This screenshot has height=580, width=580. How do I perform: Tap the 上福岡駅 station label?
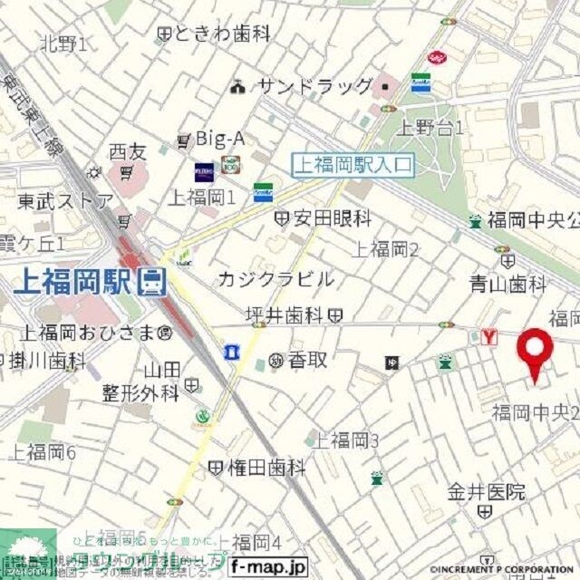click(77, 283)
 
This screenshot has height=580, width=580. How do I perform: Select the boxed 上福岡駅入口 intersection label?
click(353, 165)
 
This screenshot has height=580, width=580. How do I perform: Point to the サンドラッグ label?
click(314, 87)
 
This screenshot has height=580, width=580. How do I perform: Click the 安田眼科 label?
click(330, 218)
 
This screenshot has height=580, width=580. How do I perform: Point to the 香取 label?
click(307, 360)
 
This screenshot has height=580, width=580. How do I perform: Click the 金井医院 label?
click(486, 492)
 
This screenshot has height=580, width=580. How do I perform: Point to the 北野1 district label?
click(63, 43)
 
